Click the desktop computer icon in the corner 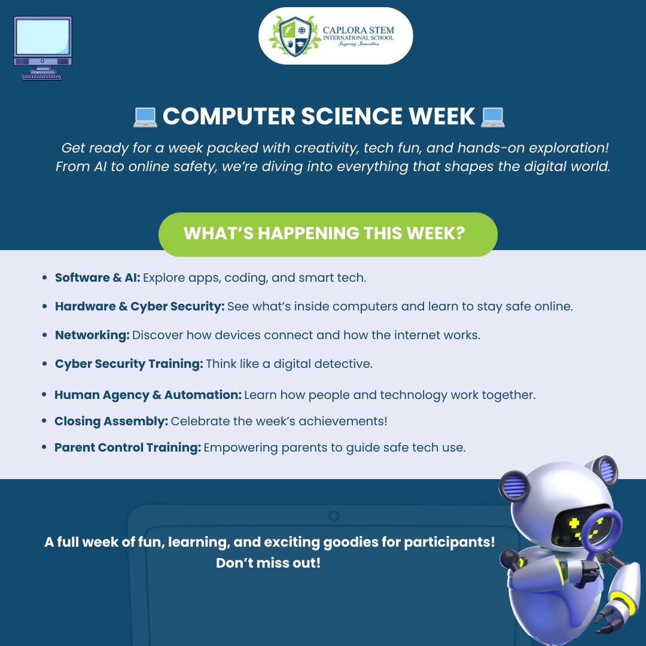42,48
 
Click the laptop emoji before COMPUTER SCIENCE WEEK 145,117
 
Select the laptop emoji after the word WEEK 493,117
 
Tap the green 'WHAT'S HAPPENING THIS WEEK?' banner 327,234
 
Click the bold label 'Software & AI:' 97,278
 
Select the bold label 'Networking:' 92,335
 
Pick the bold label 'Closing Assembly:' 111,421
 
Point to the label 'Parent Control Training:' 127,447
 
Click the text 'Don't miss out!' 268,563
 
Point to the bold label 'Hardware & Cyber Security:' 139,306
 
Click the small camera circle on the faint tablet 334,516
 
